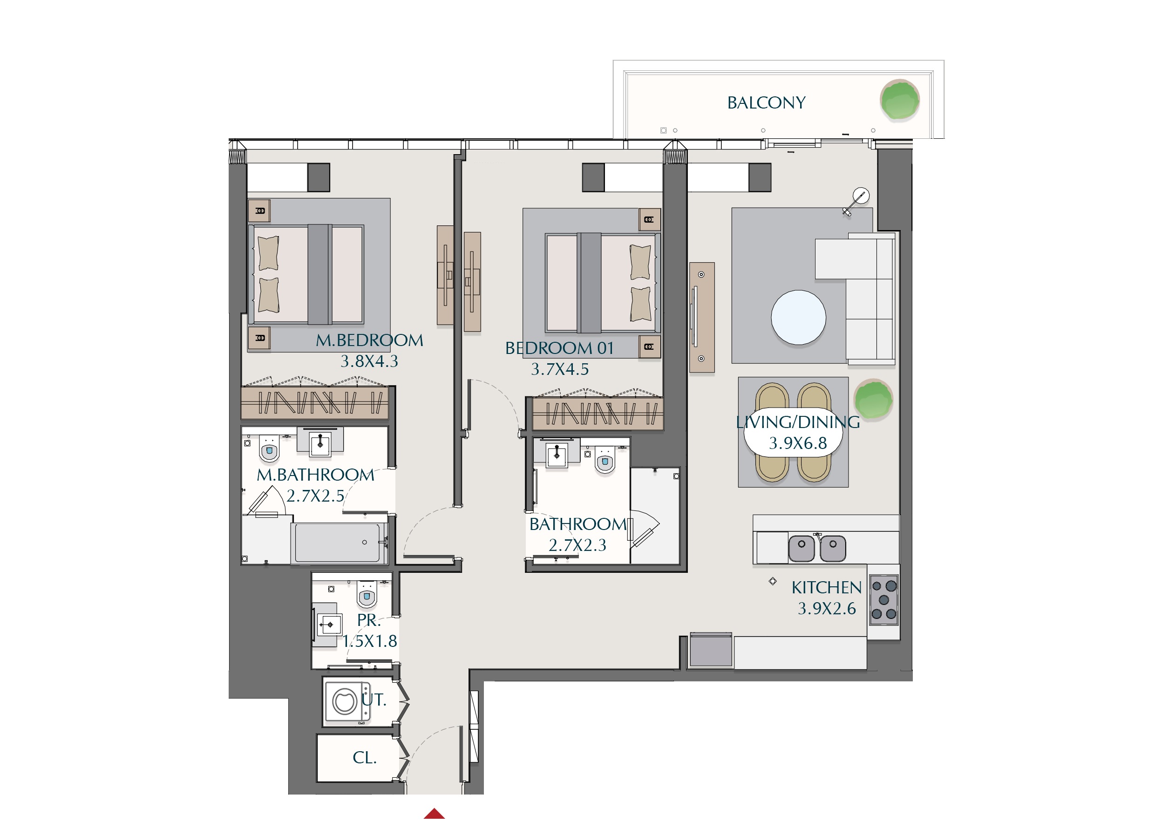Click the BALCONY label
click(766, 103)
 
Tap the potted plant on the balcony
click(900, 100)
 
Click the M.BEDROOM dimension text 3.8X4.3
click(369, 361)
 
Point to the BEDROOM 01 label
click(559, 348)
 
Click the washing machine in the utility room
click(347, 702)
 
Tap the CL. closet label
click(365, 758)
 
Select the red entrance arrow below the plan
click(434, 813)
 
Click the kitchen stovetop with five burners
click(884, 600)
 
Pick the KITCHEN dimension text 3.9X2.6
click(827, 609)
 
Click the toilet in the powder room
click(367, 595)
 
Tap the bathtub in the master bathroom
click(338, 543)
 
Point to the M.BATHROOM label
click(315, 475)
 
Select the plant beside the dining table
click(873, 399)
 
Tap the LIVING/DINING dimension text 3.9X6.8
click(797, 443)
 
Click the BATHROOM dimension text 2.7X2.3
click(577, 545)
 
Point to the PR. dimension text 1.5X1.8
click(370, 641)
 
